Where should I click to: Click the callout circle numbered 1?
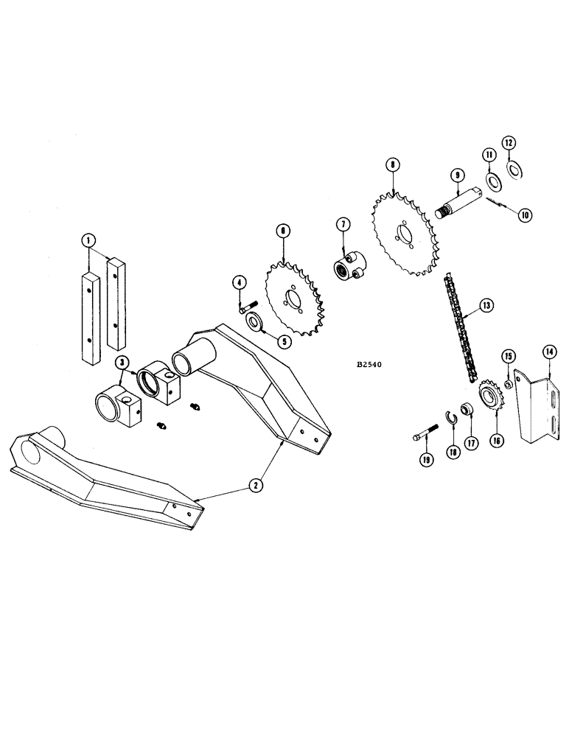coord(88,240)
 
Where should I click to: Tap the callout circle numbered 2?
coord(255,484)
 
